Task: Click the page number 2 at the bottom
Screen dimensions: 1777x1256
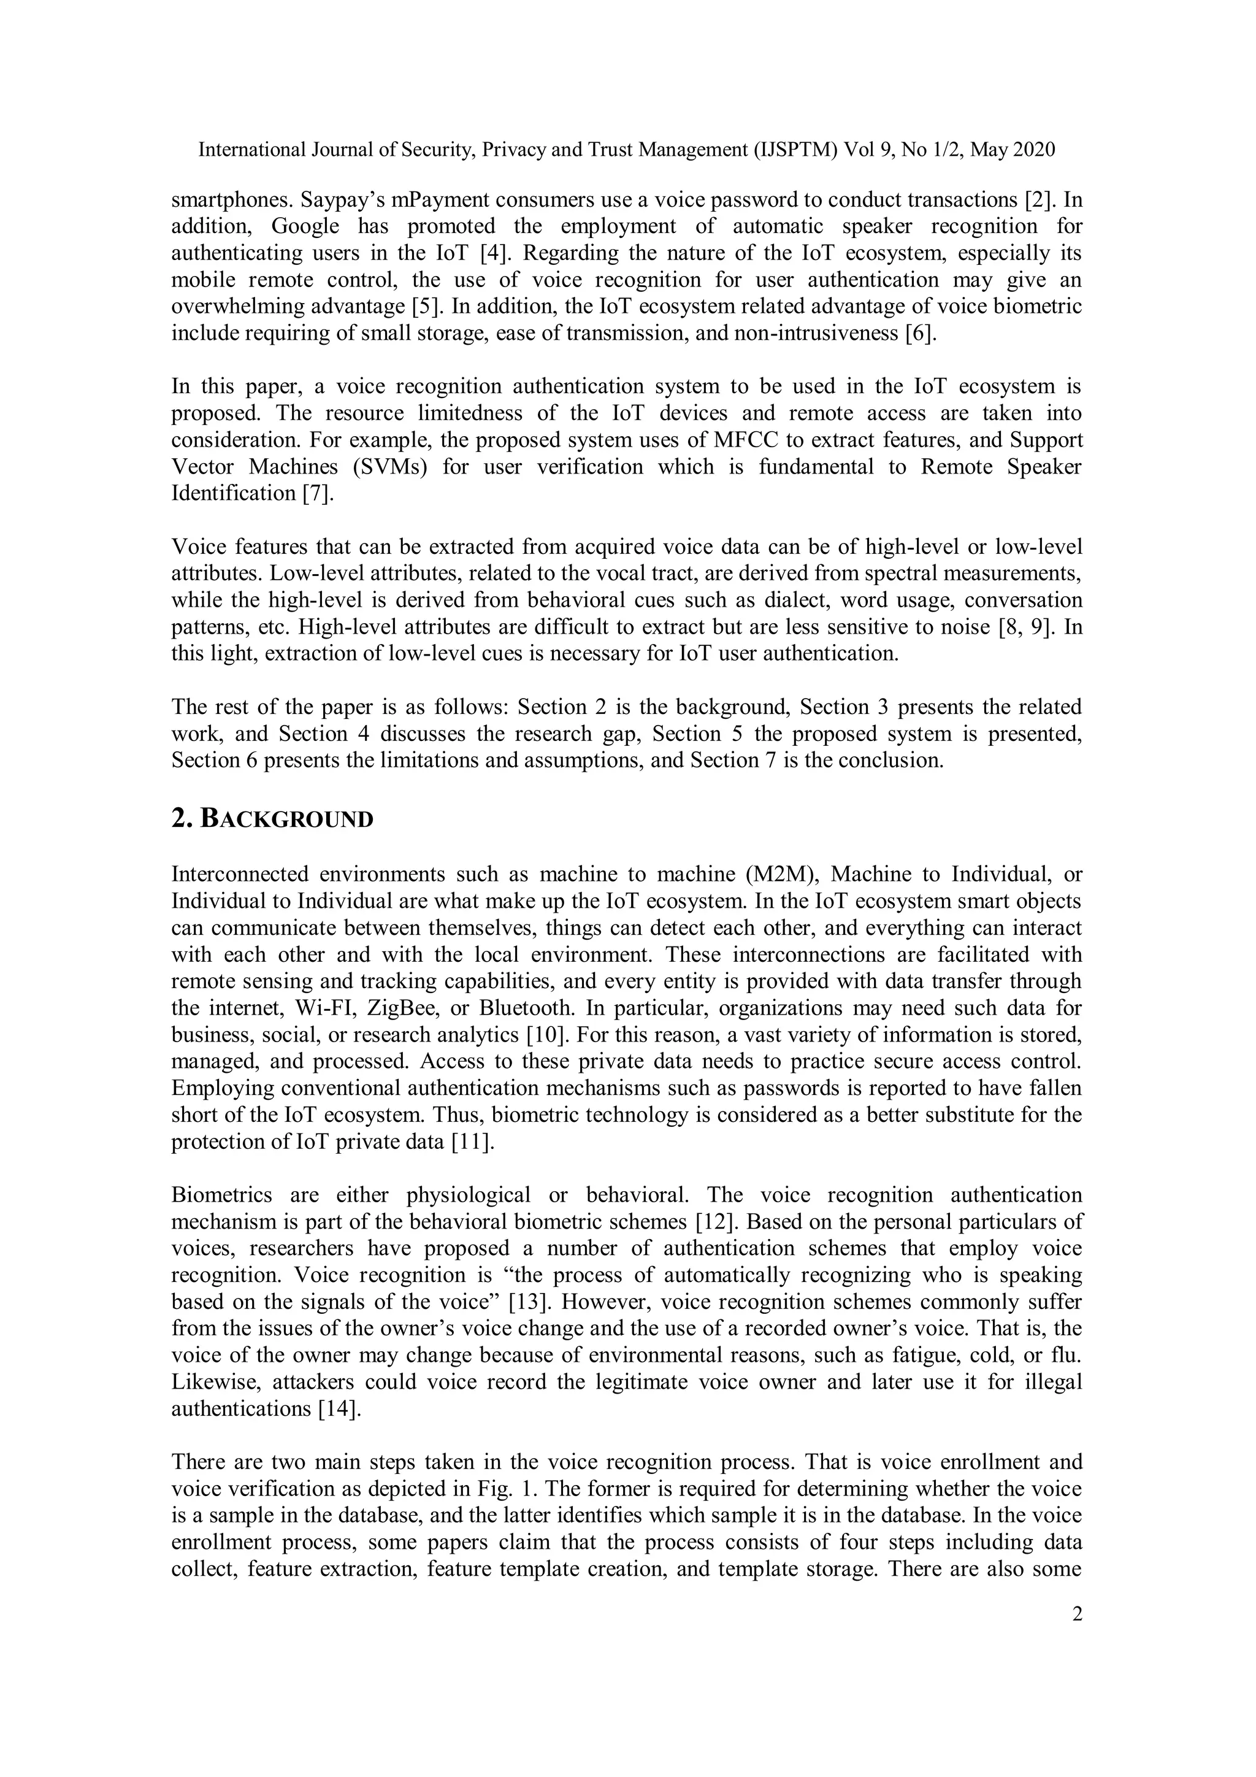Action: pyautogui.click(x=1076, y=1614)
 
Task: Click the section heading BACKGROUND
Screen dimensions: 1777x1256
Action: pyautogui.click(x=272, y=819)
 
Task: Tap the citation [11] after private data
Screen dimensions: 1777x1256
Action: pyautogui.click(x=472, y=1142)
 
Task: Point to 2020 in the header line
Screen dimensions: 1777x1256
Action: pyautogui.click(x=1034, y=150)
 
